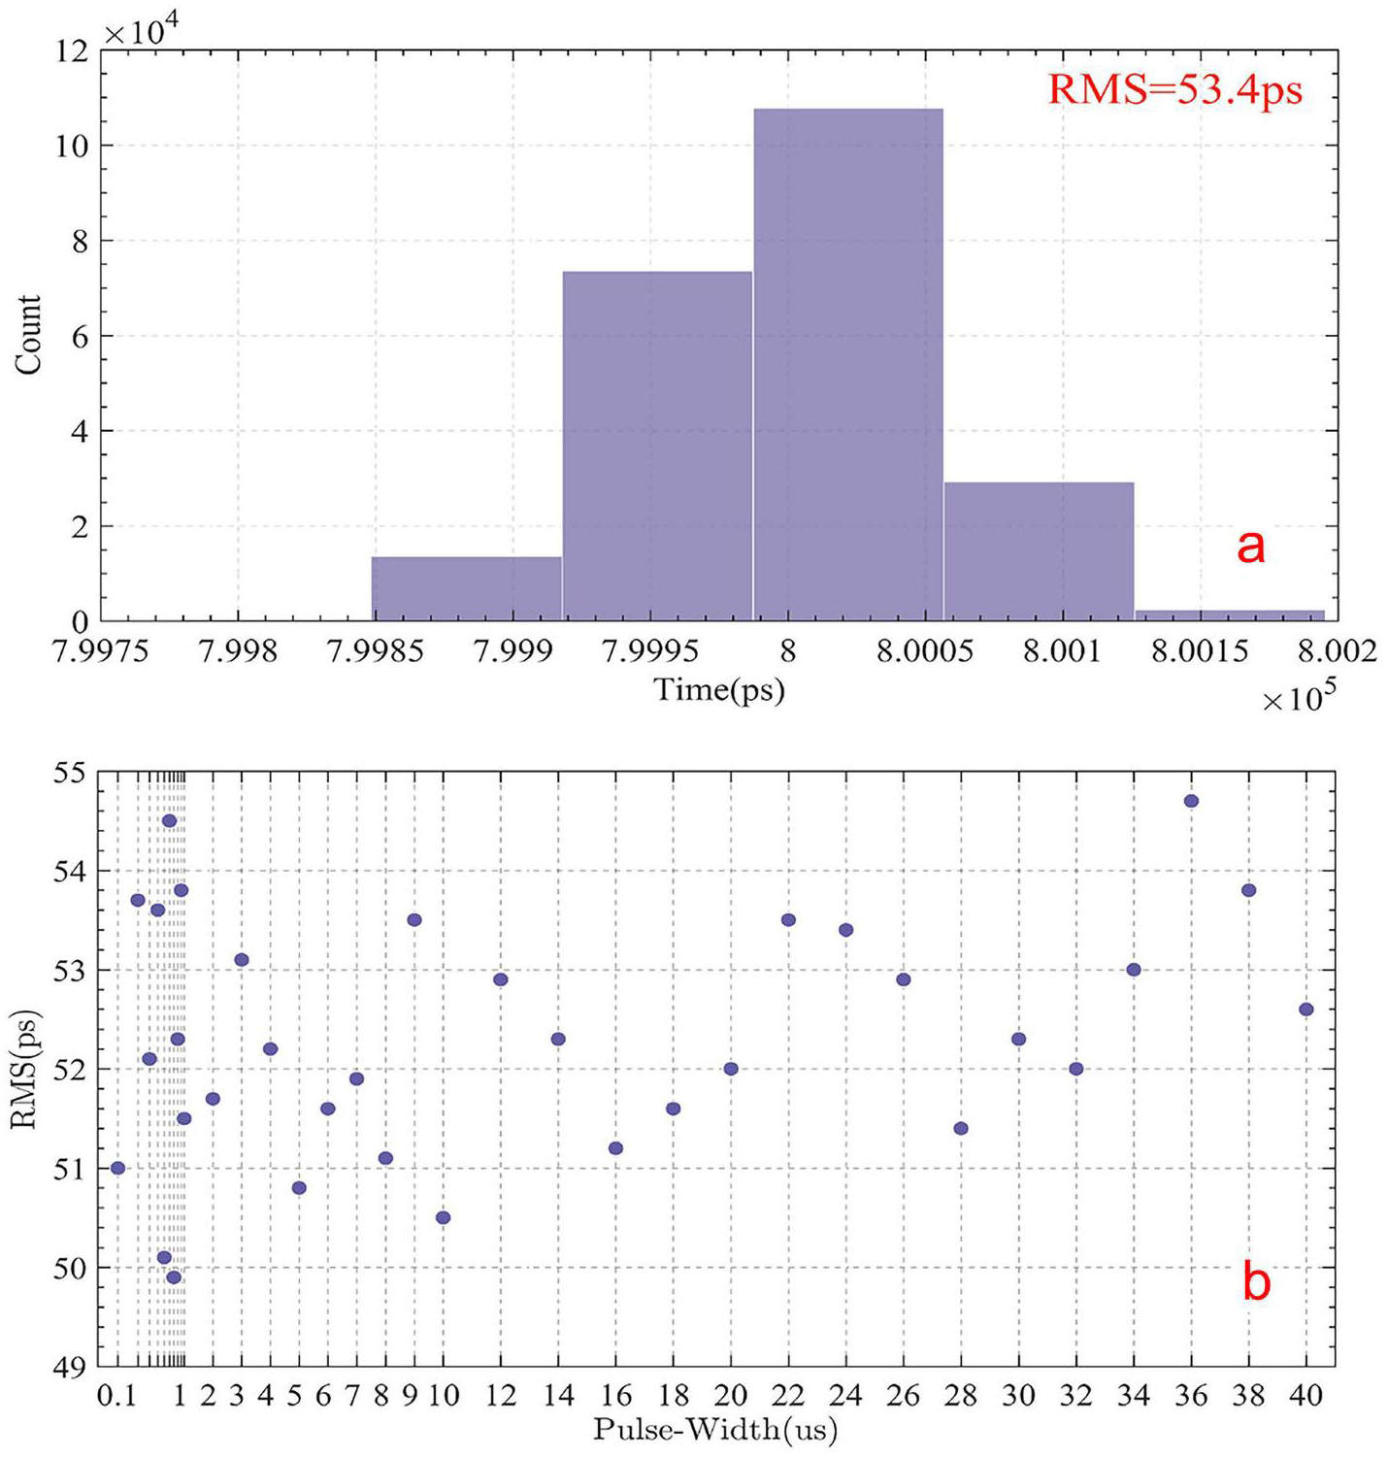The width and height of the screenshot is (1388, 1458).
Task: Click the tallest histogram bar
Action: pos(847,364)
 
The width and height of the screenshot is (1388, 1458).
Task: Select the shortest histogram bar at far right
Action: pos(1229,614)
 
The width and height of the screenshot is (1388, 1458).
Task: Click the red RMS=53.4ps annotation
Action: pos(1175,90)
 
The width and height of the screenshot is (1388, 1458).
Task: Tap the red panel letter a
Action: pos(1251,548)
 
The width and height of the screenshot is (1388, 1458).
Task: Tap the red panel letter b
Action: pos(1257,1283)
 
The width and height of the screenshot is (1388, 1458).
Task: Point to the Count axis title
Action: pos(27,335)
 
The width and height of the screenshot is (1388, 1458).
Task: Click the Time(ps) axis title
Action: pos(718,691)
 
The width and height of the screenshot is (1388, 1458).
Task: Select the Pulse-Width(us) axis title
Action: pos(715,1429)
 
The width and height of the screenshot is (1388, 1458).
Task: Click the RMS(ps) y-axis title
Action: pos(26,1068)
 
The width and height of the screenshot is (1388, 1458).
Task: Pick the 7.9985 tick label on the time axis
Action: pos(376,652)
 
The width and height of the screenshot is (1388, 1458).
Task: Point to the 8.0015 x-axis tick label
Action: pos(1201,652)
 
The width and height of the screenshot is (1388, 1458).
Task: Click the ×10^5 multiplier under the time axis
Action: pos(1295,699)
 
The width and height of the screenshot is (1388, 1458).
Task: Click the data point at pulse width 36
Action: pos(1191,801)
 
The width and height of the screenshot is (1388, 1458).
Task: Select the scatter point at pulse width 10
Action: pos(443,1217)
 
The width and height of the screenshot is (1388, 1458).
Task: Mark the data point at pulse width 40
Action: pos(1305,1010)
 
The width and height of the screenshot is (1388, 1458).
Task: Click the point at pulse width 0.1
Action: pos(117,1168)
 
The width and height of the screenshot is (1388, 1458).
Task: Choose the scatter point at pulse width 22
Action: pos(788,919)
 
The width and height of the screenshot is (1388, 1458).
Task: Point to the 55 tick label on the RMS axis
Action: pos(70,772)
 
